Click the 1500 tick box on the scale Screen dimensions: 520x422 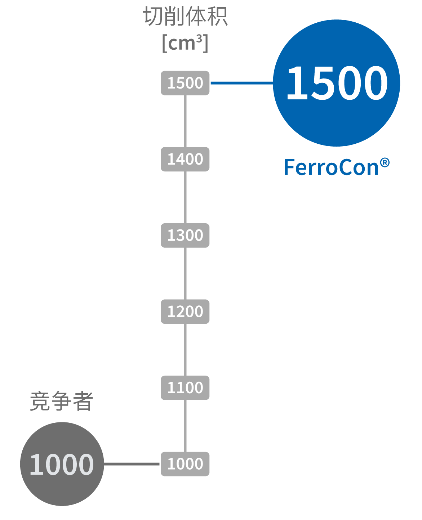click(185, 83)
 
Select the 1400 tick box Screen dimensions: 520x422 click(185, 159)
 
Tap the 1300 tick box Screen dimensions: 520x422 click(185, 236)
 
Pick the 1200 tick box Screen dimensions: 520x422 click(185, 311)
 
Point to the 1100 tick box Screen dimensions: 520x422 click(185, 388)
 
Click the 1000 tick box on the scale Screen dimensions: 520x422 click(185, 464)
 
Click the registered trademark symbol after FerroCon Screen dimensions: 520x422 click(385, 163)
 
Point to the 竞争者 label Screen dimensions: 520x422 click(62, 401)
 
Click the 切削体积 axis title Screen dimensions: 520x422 click(185, 17)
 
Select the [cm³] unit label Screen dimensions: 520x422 click(185, 43)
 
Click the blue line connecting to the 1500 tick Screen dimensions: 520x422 click(241, 83)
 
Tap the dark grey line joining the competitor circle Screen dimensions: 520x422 click(132, 464)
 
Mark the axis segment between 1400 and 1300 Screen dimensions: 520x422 click(185, 197)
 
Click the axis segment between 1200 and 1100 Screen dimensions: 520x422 click(185, 350)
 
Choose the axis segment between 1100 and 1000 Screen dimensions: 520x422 click(185, 426)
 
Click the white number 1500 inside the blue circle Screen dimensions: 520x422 click(337, 83)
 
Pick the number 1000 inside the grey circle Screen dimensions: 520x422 click(62, 465)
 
